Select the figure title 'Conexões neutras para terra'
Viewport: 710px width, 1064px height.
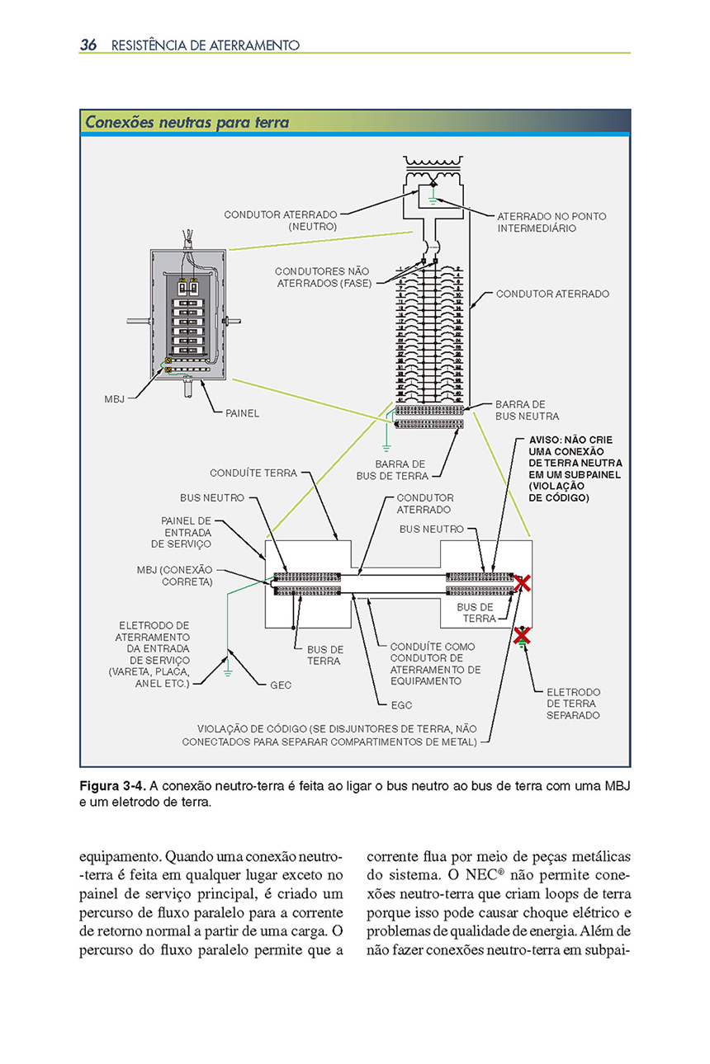point(187,123)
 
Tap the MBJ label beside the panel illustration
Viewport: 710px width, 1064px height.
point(115,398)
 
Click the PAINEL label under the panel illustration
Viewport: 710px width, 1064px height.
point(242,412)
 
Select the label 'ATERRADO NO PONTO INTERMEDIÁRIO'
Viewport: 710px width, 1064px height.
point(551,222)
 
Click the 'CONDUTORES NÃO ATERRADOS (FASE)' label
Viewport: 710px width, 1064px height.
point(322,277)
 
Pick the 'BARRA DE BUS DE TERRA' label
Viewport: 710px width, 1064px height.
point(392,470)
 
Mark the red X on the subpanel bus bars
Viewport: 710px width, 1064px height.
point(522,584)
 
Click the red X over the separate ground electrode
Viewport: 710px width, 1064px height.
point(521,634)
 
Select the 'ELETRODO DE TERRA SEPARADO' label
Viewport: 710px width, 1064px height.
point(573,704)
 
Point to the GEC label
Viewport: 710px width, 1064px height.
point(281,685)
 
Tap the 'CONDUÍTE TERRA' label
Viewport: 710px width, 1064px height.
point(253,473)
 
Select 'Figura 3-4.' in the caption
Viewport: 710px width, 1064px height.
point(112,784)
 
